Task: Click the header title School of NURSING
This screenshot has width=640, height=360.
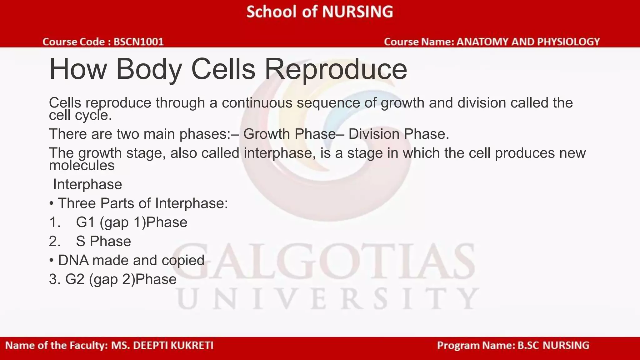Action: (x=319, y=12)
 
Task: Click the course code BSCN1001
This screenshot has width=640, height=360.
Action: (x=138, y=42)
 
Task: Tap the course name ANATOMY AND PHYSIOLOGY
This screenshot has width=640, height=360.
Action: (x=528, y=42)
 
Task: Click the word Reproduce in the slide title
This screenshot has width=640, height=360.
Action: (x=336, y=69)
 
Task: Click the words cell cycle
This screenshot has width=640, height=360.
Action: (x=80, y=115)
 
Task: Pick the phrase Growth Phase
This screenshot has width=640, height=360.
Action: (x=289, y=134)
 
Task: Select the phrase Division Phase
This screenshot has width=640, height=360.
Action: (x=399, y=134)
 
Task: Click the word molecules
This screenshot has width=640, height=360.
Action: (x=82, y=165)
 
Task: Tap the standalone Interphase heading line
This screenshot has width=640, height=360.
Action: (x=87, y=184)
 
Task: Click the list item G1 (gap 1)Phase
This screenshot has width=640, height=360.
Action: (x=132, y=222)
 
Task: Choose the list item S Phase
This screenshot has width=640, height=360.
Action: (x=103, y=241)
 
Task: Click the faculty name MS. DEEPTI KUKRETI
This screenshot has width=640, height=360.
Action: (x=162, y=345)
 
